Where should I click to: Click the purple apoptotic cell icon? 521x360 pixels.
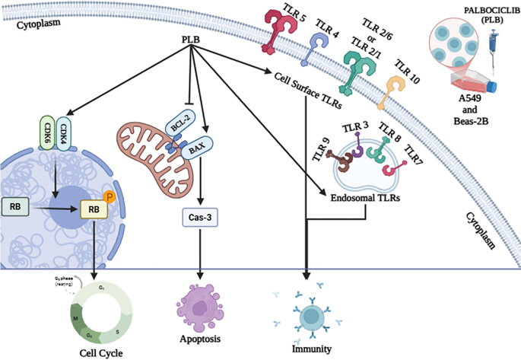coord(200,303)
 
